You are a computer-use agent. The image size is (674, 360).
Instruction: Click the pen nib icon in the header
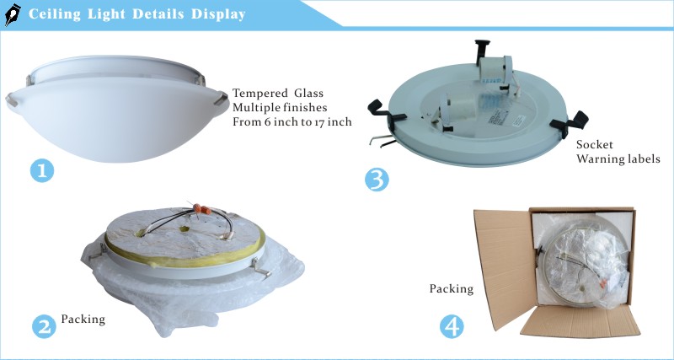[13, 15]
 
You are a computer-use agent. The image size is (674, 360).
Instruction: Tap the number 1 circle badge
[42, 170]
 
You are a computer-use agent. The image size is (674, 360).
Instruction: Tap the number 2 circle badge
[42, 325]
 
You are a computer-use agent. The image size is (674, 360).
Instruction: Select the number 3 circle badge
[377, 180]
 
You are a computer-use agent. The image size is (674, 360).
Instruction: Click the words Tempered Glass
[277, 93]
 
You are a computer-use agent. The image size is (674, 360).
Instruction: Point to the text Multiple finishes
[279, 107]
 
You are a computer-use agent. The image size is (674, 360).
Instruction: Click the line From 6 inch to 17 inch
[292, 121]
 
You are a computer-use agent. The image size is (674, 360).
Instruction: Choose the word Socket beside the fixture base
[594, 145]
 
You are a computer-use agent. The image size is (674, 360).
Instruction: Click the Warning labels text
[618, 159]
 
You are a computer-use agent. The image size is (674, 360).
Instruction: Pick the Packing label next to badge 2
[83, 320]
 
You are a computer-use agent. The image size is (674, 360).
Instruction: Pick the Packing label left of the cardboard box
[452, 288]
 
